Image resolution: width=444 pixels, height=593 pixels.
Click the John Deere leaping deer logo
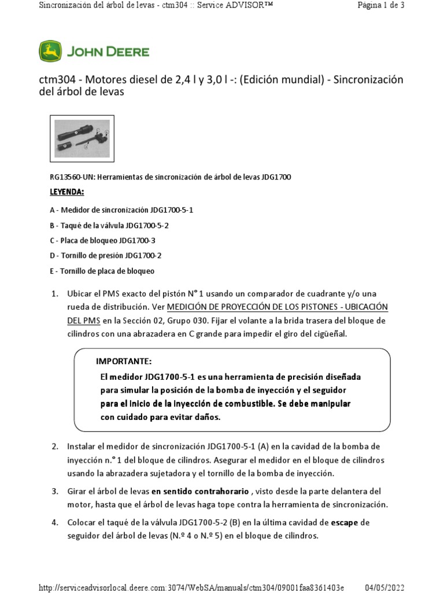(x=50, y=52)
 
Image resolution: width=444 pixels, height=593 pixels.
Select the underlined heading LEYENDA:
(x=67, y=192)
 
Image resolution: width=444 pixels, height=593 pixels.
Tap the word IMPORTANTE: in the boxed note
(x=124, y=361)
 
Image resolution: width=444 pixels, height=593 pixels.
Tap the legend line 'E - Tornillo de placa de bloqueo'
(x=102, y=270)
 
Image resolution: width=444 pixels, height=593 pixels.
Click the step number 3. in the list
(x=55, y=491)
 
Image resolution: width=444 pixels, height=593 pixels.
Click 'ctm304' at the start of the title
(x=53, y=80)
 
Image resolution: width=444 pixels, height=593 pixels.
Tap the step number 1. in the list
(x=55, y=294)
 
